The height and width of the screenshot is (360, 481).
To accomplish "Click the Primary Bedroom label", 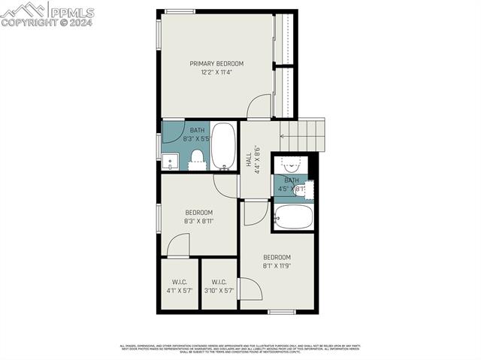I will tap(216, 63).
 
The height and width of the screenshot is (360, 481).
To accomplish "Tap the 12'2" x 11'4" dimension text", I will tap(216, 73).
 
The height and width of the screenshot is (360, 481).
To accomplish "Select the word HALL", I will tap(249, 160).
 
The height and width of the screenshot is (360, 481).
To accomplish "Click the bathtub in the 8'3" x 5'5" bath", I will tap(223, 146).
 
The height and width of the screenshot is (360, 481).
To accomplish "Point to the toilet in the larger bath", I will tap(198, 157).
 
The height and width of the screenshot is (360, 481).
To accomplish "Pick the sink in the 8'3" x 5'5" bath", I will tap(169, 161).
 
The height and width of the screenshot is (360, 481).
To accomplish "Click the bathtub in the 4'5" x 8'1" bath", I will tap(293, 219).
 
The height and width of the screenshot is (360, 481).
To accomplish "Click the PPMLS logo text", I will tap(71, 12).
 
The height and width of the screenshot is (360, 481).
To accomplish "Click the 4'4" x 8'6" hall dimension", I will tap(257, 160).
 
